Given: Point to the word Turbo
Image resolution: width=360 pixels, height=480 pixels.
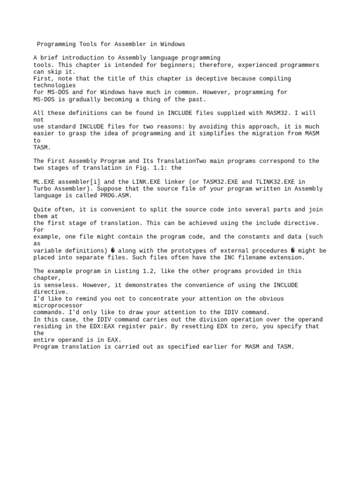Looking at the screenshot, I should [42, 189].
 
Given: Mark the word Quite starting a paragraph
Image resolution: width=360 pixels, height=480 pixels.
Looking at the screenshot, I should [42, 210].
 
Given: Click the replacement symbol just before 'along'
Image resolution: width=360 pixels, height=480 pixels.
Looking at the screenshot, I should [112, 251].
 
